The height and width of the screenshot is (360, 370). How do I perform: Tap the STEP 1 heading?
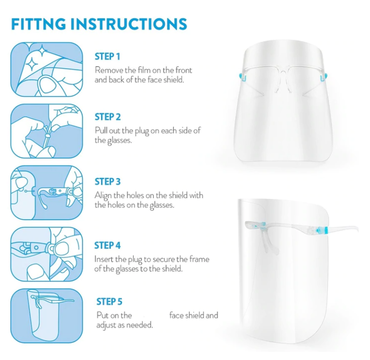pyautogui.click(x=107, y=57)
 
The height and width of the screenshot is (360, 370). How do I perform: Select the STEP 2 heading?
pyautogui.click(x=108, y=117)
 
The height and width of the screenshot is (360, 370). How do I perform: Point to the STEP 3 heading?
pyautogui.click(x=108, y=182)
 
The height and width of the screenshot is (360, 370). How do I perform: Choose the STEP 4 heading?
pyautogui.click(x=107, y=246)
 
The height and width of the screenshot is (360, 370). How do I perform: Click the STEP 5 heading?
pyautogui.click(x=109, y=302)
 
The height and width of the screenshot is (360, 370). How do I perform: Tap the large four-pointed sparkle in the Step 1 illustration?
pyautogui.click(x=31, y=64)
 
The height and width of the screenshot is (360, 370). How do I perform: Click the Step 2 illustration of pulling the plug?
pyautogui.click(x=47, y=131)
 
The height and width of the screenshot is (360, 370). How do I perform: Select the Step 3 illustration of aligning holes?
pyautogui.click(x=47, y=193)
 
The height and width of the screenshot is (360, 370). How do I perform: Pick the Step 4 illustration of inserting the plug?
pyautogui.click(x=47, y=254)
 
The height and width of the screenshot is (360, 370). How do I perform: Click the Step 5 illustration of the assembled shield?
pyautogui.click(x=47, y=316)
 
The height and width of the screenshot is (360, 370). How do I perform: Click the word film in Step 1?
pyautogui.click(x=144, y=70)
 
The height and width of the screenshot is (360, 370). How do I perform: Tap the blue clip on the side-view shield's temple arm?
pyautogui.click(x=322, y=229)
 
